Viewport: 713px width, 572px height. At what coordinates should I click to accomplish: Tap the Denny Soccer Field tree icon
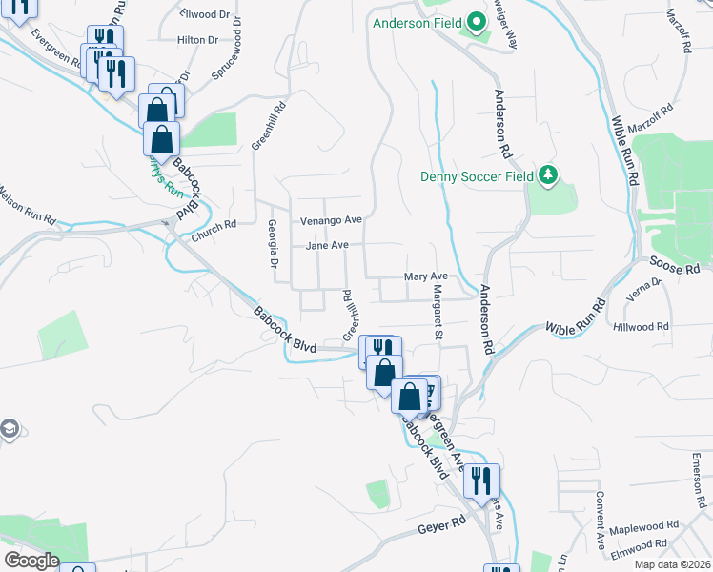[548, 175]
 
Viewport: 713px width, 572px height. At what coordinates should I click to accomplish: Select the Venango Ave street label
[332, 220]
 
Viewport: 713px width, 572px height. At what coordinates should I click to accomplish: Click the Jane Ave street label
[327, 246]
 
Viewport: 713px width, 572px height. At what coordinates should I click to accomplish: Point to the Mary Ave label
[426, 276]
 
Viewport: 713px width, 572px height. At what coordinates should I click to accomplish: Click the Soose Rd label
[674, 265]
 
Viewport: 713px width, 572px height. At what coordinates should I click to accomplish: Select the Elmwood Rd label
[641, 545]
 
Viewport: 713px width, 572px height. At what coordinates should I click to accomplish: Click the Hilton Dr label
[198, 40]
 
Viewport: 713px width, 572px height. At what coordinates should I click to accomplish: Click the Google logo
[31, 561]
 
